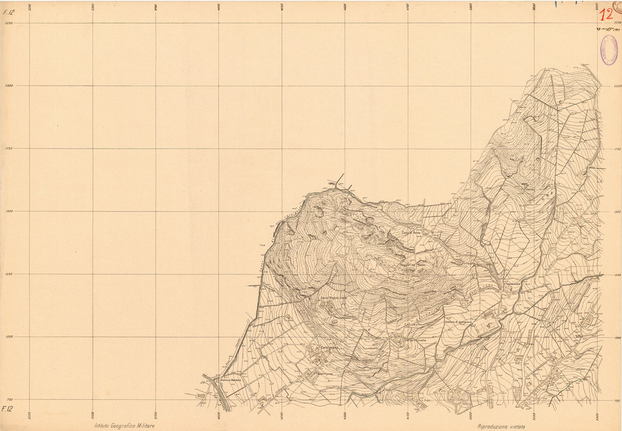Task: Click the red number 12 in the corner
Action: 606,15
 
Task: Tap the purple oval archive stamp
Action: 608,50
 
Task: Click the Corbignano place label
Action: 329,348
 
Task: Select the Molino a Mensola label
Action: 231,380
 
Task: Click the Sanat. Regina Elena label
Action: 333,298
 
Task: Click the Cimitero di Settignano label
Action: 458,322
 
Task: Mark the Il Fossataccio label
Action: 513,284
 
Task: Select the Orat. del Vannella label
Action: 414,340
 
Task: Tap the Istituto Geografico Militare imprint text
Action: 124,426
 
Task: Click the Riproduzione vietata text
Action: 501,427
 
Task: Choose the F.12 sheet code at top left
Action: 8,12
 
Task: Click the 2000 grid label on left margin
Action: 8,86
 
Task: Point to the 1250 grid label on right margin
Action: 618,275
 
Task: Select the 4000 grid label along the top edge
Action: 219,8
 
